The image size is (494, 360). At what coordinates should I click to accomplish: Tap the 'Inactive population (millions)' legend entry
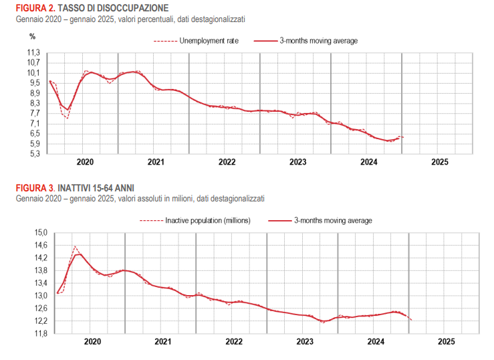click(208, 220)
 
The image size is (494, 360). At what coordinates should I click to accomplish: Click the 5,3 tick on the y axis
click(34, 154)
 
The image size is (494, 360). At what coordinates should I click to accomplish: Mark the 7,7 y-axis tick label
click(34, 113)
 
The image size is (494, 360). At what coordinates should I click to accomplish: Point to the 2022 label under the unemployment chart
click(227, 162)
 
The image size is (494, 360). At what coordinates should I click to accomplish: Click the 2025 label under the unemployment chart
click(440, 162)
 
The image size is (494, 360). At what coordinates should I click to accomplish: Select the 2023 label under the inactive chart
click(305, 341)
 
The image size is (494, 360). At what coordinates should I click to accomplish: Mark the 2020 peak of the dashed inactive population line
click(74, 246)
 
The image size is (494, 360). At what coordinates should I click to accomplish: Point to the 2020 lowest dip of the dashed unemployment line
click(68, 119)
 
